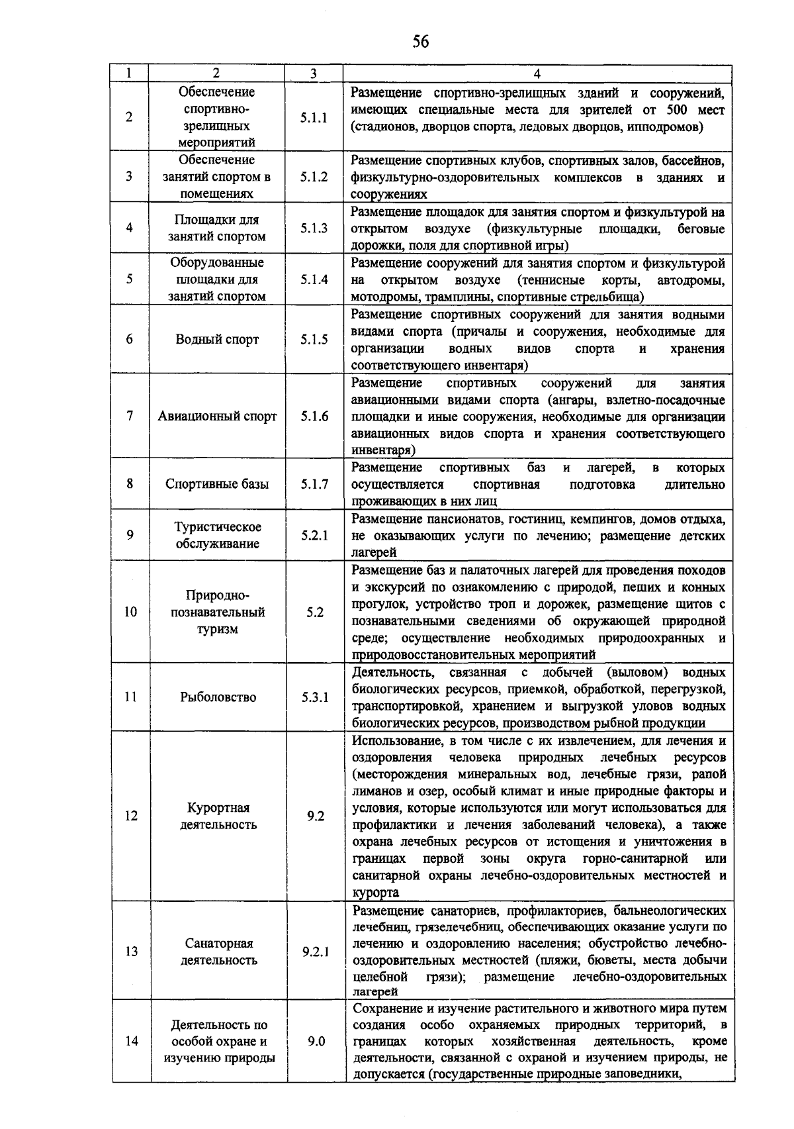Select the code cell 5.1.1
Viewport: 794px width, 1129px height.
coord(314,118)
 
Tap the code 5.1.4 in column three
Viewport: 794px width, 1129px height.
coord(314,279)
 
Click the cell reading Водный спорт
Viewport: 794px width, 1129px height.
coord(217,340)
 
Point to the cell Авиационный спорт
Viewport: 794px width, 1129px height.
coord(217,417)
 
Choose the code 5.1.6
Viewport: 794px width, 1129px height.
coord(314,417)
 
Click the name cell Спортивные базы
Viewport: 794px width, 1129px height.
coord(217,484)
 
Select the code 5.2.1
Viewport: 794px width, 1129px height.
coord(314,535)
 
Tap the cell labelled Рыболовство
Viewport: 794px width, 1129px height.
coord(218,697)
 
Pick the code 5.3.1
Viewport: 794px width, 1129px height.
coord(315,697)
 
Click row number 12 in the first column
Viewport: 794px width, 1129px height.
coord(130,816)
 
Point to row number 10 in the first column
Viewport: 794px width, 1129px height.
coord(130,612)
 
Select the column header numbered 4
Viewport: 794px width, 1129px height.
coord(537,74)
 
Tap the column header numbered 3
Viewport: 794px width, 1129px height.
coord(314,74)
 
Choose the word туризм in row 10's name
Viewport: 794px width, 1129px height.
coord(217,629)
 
